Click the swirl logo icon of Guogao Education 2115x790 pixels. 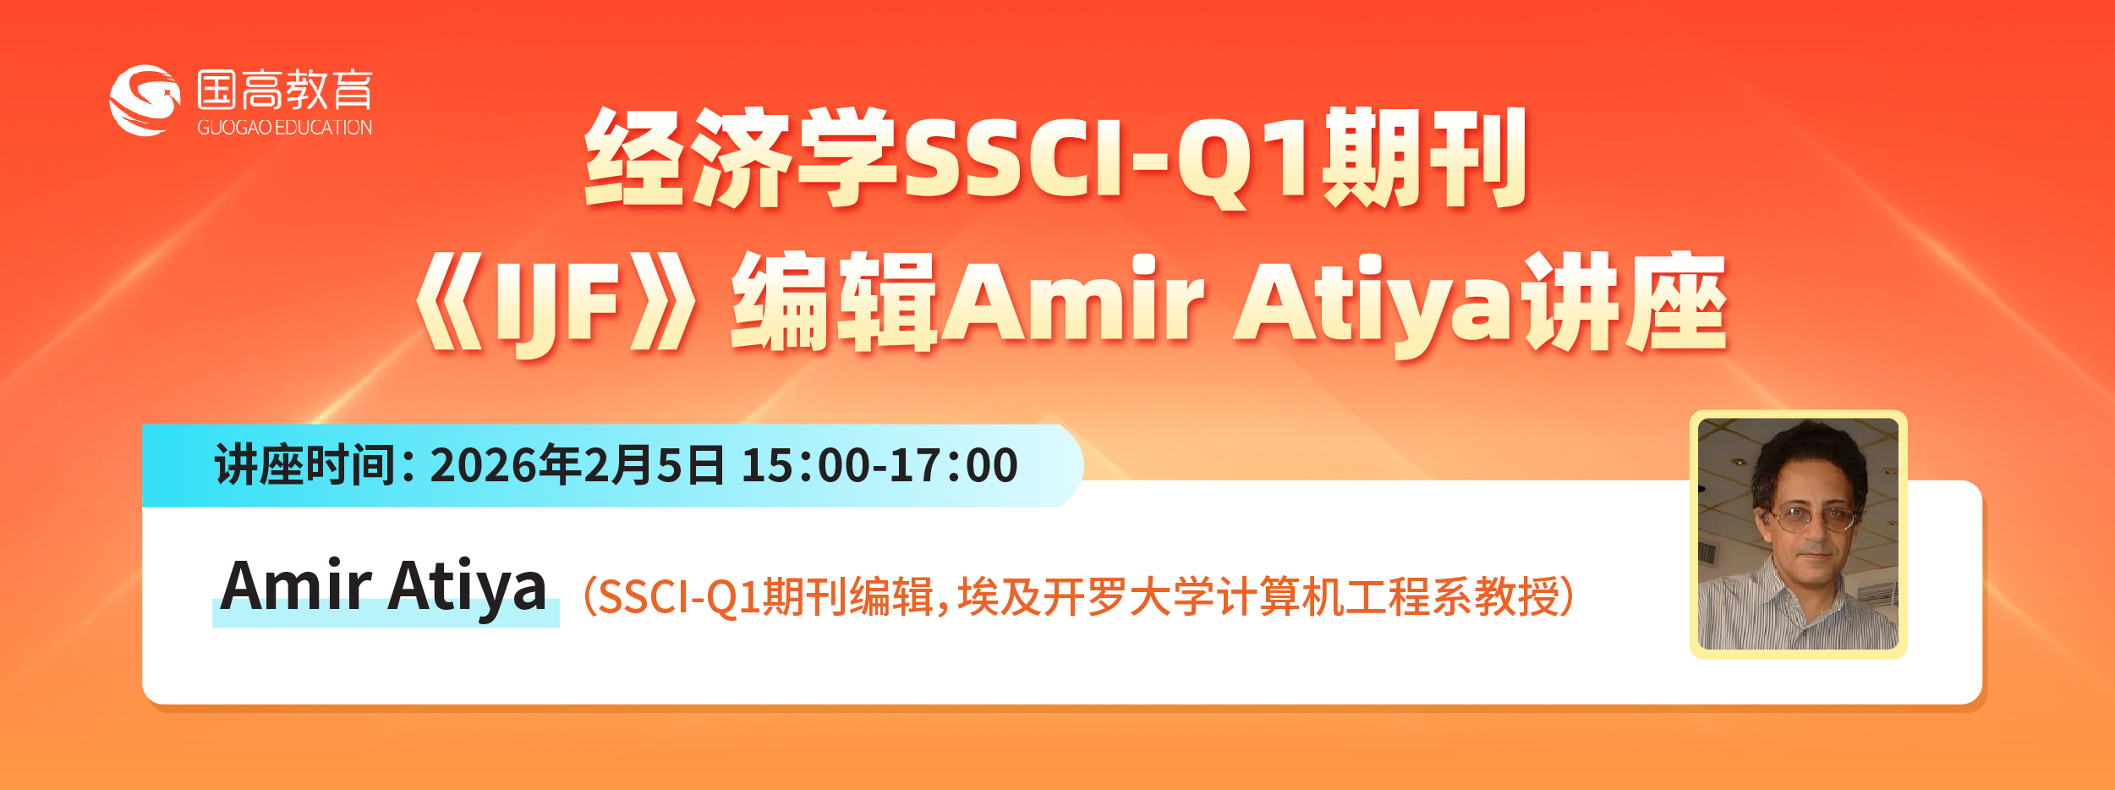pos(145,101)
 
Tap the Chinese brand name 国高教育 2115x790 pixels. pos(285,90)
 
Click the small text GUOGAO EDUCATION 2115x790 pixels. pos(285,128)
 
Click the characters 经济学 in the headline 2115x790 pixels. pos(742,158)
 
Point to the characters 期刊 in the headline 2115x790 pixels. pos(1424,158)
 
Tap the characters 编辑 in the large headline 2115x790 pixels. pos(834,303)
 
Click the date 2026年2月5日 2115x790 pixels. pos(577,465)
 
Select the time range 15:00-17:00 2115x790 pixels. pos(879,465)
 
